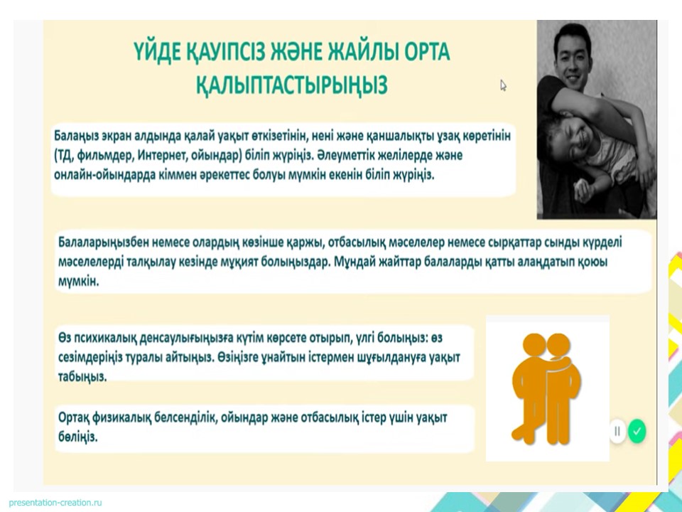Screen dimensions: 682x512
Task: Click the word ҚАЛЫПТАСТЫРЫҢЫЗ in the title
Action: pos(291,84)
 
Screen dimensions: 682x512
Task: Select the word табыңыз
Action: pos(82,377)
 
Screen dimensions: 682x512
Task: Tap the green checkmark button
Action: pos(637,431)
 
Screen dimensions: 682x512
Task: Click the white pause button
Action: pos(617,431)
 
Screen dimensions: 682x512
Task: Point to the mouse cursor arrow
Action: pos(503,85)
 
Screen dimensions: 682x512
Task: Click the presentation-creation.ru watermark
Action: pos(55,503)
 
